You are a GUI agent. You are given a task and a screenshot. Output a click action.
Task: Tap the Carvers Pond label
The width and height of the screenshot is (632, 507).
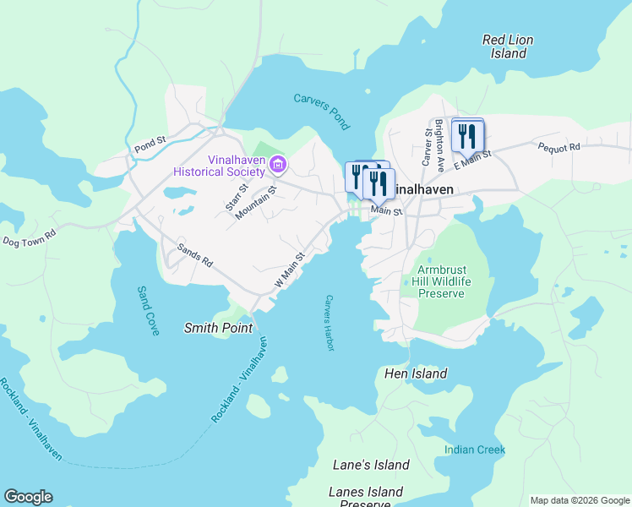[x=321, y=111]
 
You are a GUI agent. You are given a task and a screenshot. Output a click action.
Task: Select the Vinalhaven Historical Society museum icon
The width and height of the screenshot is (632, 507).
[x=279, y=162]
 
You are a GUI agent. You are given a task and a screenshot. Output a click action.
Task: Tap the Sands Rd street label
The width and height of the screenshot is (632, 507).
[x=194, y=256]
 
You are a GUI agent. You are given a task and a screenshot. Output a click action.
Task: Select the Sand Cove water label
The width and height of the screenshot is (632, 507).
[x=148, y=311]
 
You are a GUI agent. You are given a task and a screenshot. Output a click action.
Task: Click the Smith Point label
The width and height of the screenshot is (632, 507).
[x=218, y=328]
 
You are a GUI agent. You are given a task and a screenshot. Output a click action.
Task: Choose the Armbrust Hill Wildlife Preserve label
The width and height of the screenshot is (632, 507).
[x=441, y=281]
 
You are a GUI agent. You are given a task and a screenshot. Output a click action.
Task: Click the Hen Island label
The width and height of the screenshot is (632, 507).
[x=415, y=373]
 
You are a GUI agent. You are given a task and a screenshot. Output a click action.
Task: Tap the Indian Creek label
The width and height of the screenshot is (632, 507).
[x=475, y=450]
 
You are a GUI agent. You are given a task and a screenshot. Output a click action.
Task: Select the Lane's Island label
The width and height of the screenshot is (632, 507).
[x=371, y=465]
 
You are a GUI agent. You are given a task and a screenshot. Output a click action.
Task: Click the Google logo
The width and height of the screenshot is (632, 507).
[x=28, y=497]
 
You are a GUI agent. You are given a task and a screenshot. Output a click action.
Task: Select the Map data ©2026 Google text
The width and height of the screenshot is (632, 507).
[x=579, y=500]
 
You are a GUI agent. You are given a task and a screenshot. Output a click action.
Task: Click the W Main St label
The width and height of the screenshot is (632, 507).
[x=288, y=269]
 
